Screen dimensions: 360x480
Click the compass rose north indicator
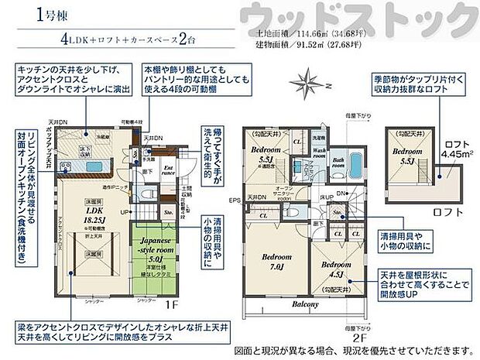point(308,81)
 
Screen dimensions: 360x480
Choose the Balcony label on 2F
point(307,304)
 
